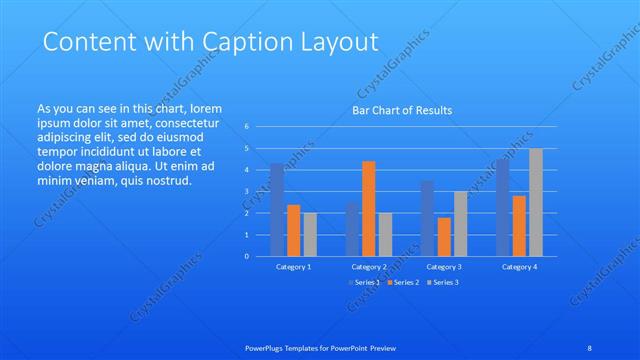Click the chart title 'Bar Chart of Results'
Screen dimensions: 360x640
401,110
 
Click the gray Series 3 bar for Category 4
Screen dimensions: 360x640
536,202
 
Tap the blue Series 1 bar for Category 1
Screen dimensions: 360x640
277,209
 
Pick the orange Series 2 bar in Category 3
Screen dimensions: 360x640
444,236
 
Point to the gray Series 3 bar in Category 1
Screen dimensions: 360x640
310,234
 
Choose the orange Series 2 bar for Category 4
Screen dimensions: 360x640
519,225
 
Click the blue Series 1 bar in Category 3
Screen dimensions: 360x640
427,218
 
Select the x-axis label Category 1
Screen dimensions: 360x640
293,267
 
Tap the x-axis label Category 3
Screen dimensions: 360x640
444,267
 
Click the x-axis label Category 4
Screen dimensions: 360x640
519,267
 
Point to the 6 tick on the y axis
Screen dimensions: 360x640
247,127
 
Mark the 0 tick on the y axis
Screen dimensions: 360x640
247,256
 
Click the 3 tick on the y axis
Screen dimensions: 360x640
247,191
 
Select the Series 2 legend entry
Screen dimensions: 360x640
403,283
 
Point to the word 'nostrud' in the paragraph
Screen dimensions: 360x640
164,181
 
